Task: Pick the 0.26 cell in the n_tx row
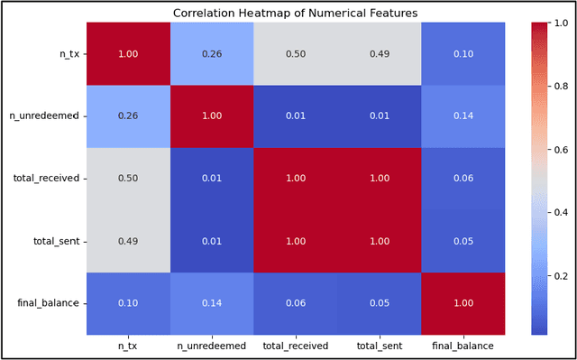click(212, 53)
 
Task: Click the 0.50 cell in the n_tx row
click(296, 53)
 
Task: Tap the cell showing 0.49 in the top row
click(380, 53)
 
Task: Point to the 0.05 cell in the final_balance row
click(380, 303)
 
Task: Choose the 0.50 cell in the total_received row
click(128, 179)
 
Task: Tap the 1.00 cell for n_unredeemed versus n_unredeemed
click(212, 115)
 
